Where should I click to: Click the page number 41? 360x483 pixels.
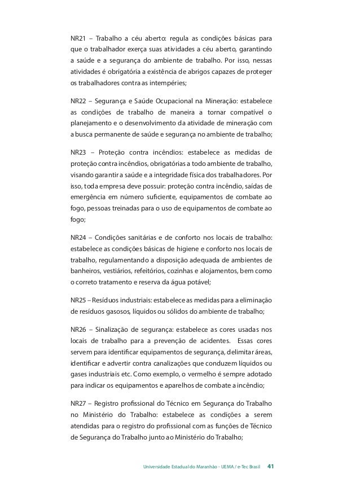click(x=271, y=467)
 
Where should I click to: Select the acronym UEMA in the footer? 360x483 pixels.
click(x=230, y=467)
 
